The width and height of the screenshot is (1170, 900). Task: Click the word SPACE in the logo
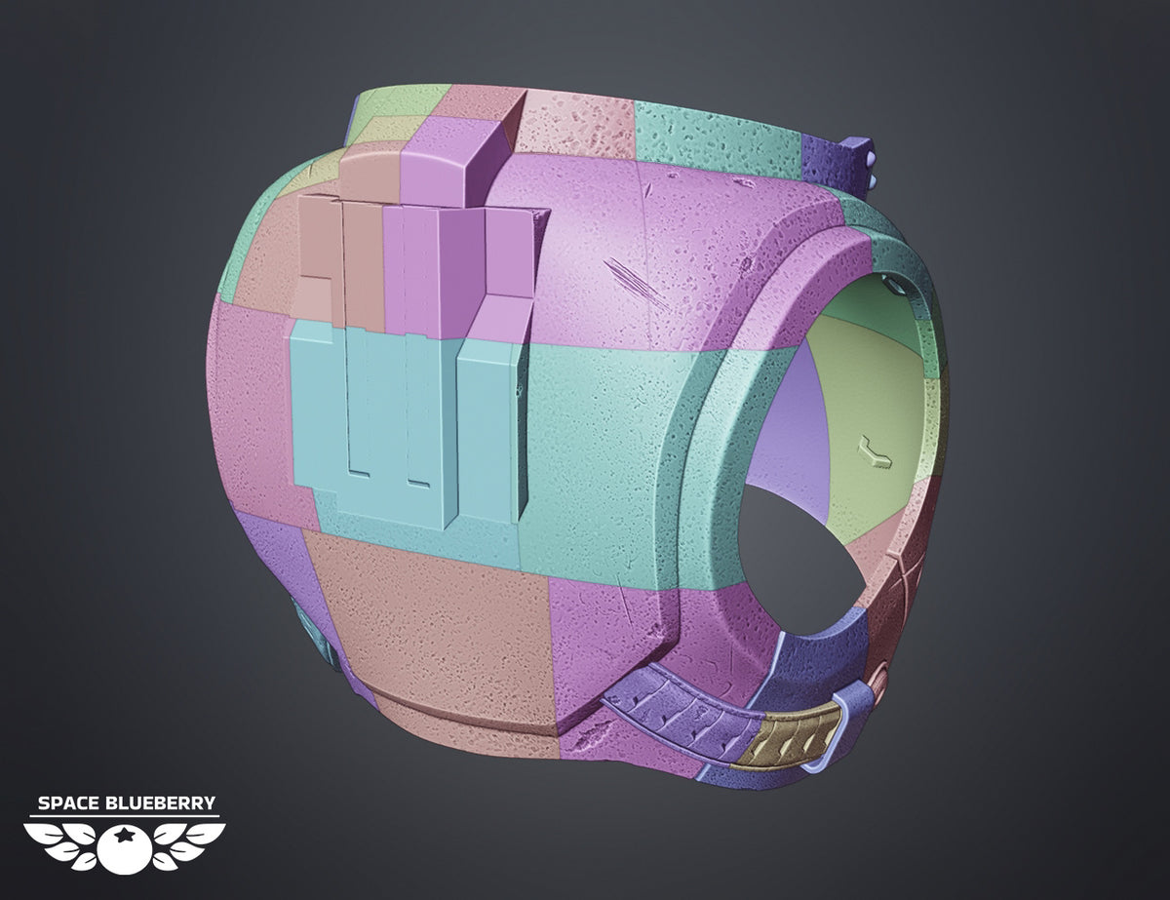click(68, 803)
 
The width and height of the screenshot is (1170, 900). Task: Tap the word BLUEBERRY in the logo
click(159, 803)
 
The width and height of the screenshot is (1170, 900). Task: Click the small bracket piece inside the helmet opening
click(876, 453)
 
